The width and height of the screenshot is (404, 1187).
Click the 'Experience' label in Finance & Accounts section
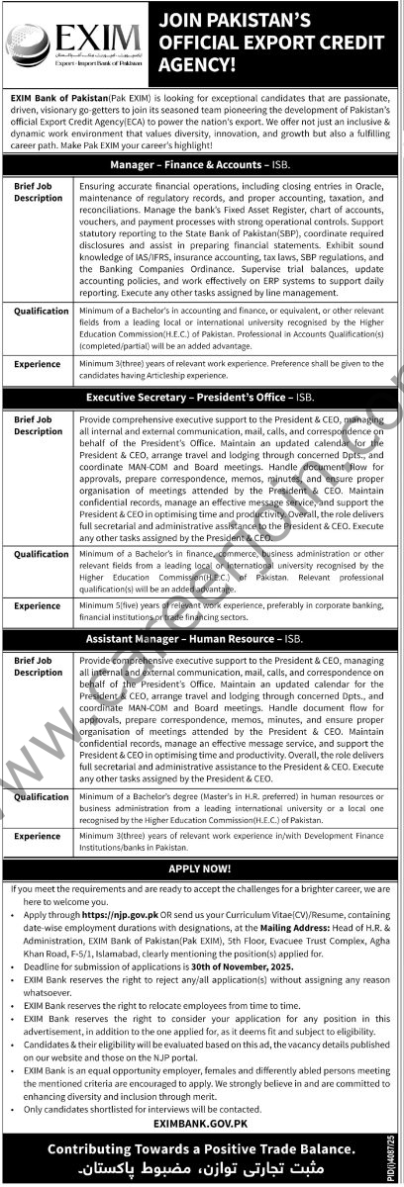tap(37, 364)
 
